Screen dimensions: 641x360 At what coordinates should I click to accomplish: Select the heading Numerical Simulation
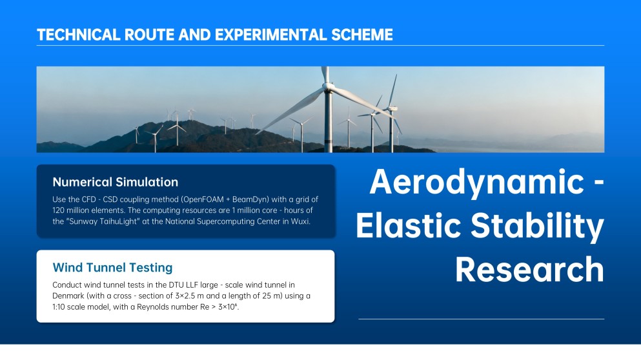[116, 182]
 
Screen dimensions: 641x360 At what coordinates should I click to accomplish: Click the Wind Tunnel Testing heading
[112, 267]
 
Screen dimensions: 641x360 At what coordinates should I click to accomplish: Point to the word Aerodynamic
[476, 182]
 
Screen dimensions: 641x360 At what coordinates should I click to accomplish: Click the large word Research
[530, 269]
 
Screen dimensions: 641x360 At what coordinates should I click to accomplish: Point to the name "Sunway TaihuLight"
[103, 221]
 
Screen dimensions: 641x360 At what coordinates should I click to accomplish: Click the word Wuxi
[300, 221]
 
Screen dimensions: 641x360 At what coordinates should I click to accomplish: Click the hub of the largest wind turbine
[327, 86]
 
